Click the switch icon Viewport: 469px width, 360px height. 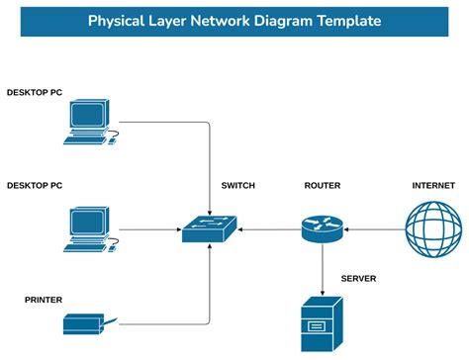click(209, 229)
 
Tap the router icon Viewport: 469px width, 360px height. click(323, 228)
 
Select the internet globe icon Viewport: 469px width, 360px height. click(433, 228)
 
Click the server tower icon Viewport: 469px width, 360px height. click(323, 325)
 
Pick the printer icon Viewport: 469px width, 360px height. click(85, 322)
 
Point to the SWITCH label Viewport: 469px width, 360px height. click(239, 186)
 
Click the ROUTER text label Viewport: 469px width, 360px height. click(323, 186)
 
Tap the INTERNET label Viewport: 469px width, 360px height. click(433, 186)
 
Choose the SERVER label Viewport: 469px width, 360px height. click(359, 278)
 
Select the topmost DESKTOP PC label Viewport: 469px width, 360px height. click(35, 92)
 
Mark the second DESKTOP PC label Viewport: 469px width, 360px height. click(35, 185)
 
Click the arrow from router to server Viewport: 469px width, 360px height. click(323, 266)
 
